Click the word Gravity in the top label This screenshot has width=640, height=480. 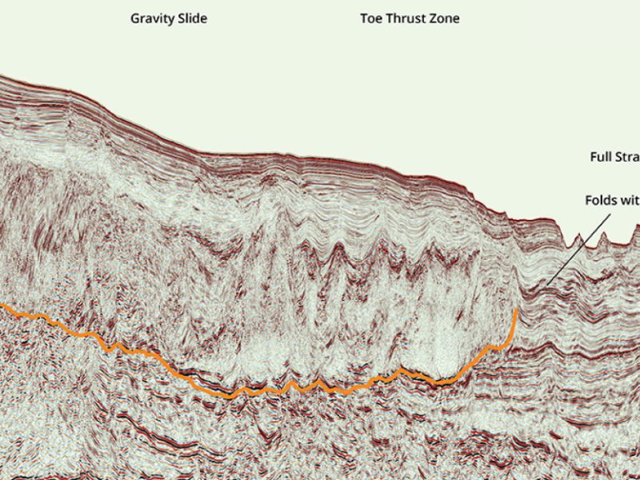tap(150, 18)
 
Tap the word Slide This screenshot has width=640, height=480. tap(191, 18)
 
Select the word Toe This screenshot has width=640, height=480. tap(370, 18)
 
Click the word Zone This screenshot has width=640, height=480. tap(444, 18)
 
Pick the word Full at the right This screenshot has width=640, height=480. tap(602, 157)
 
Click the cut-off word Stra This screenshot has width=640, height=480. tap(629, 157)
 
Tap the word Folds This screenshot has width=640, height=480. tap(602, 199)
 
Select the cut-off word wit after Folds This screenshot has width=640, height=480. tap(631, 199)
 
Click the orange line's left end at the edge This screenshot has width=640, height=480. tap(2, 305)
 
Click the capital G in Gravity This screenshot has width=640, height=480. tap(135, 18)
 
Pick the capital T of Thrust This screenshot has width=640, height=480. tap(387, 18)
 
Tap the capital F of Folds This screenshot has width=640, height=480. tap(589, 199)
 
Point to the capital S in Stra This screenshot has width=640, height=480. tap(620, 157)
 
